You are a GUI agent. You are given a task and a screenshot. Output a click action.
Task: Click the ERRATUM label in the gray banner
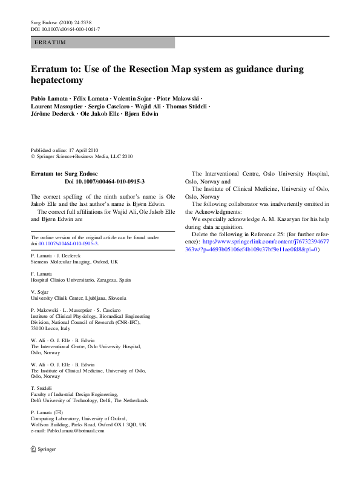click(51, 42)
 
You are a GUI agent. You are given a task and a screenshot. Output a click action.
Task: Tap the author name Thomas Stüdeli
click(188, 106)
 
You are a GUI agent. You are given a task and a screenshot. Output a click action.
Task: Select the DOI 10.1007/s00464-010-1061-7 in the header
click(65, 29)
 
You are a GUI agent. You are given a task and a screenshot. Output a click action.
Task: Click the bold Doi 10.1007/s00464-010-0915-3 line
click(104, 181)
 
